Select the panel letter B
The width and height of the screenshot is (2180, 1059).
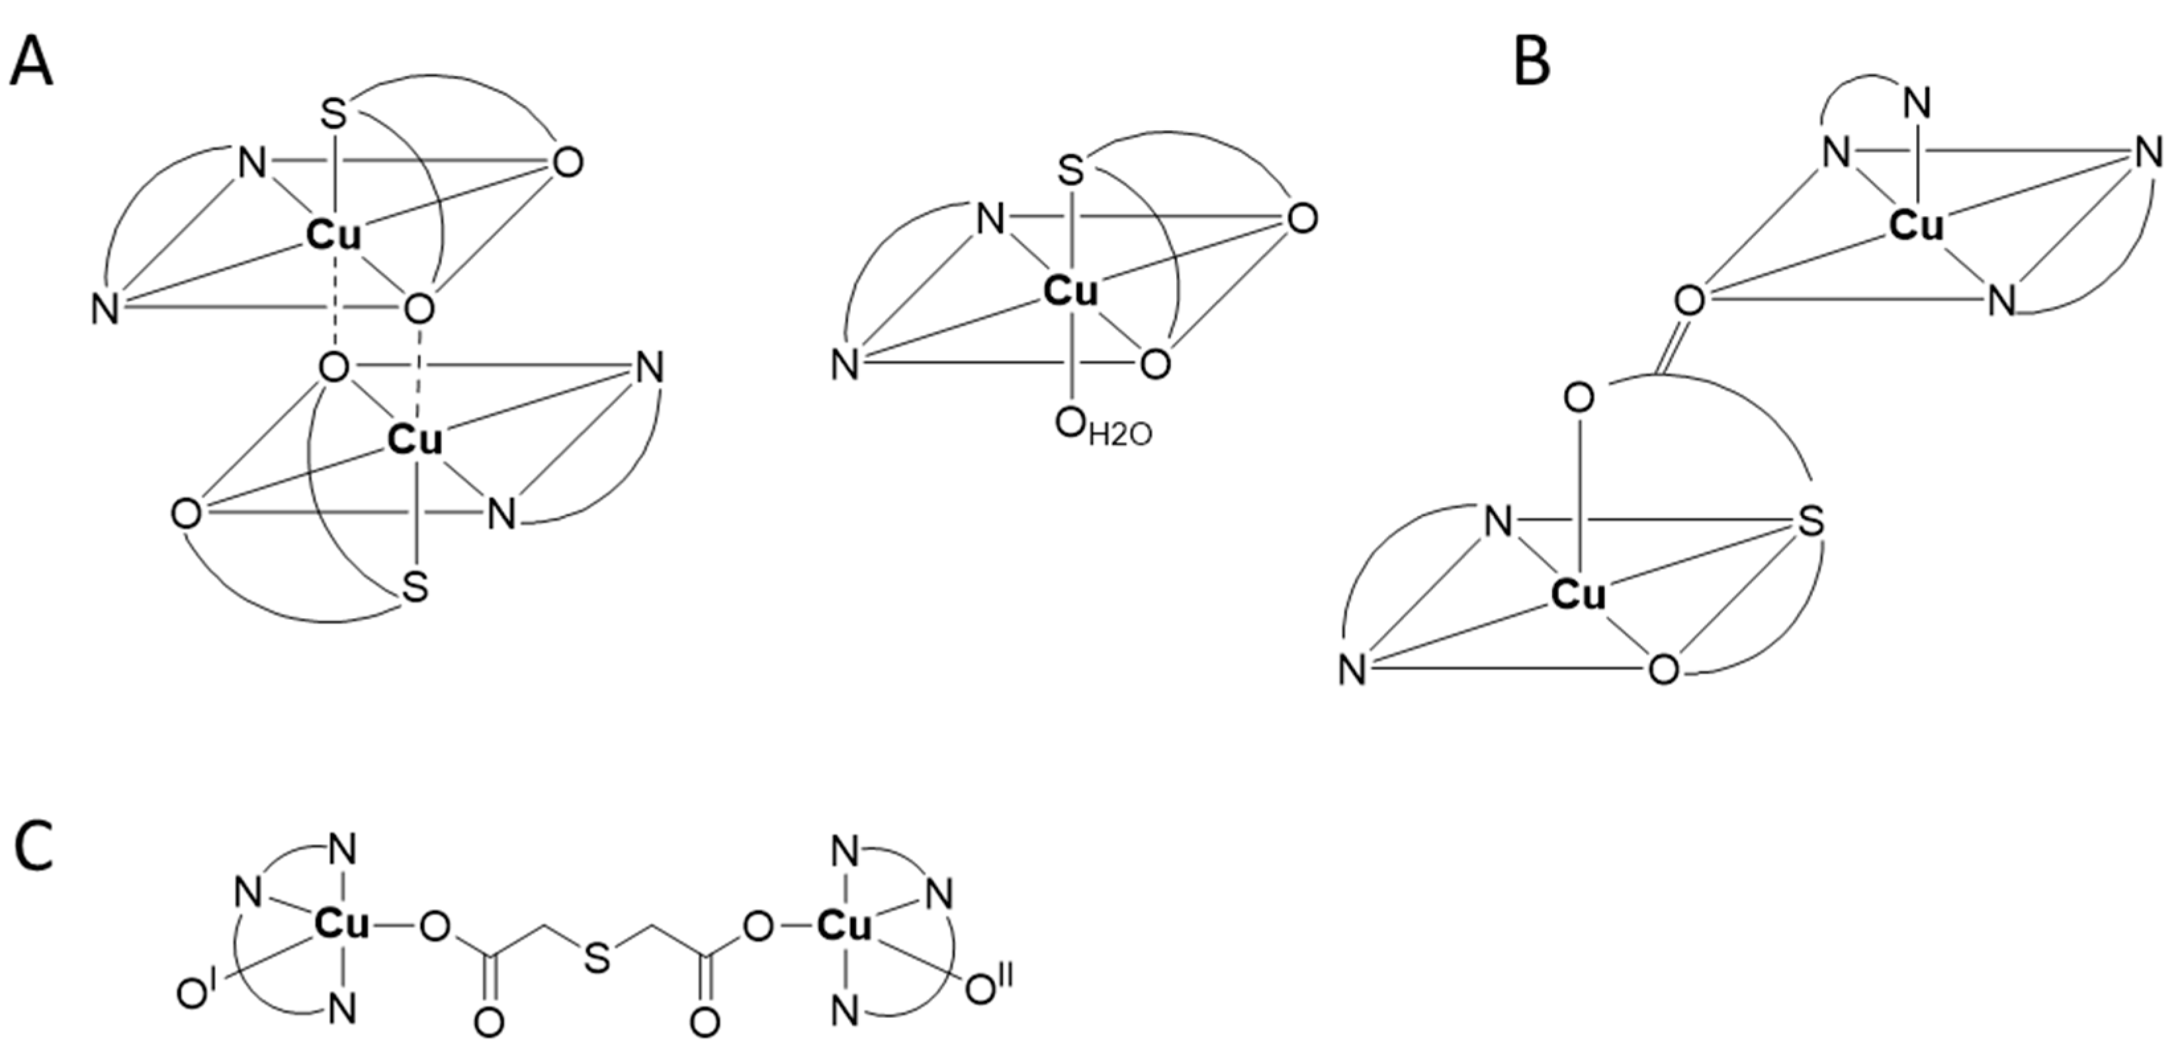coord(1532,63)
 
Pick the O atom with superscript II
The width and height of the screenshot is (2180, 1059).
coord(982,989)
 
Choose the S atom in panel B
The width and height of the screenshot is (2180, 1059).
coord(1810,522)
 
